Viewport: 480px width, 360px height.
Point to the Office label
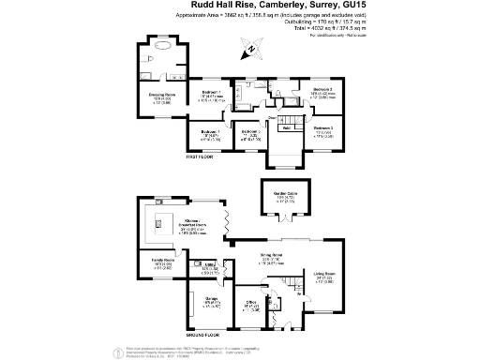(251, 304)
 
